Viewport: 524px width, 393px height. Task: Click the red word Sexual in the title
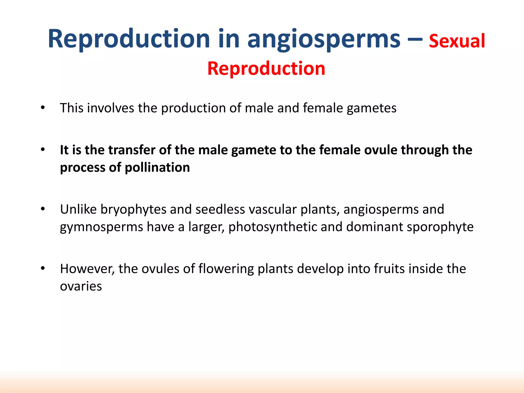point(457,41)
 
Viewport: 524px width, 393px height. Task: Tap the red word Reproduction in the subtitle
point(266,69)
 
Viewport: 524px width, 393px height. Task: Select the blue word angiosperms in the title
point(324,39)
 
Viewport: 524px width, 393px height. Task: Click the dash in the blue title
point(414,39)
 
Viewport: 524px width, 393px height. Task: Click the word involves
point(111,108)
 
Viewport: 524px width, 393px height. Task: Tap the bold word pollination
point(157,168)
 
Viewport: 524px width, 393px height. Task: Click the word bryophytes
point(133,210)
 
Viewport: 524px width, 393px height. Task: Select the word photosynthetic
point(273,227)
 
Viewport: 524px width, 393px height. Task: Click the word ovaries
point(81,286)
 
